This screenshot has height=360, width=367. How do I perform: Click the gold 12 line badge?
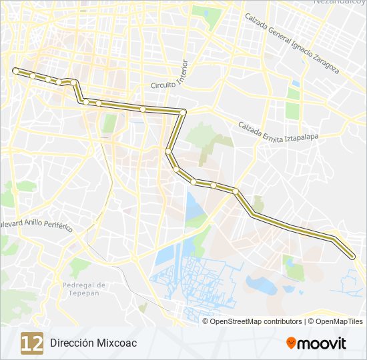click(32, 343)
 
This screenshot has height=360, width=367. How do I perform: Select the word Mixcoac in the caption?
click(117, 343)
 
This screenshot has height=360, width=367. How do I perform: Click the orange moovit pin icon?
click(291, 343)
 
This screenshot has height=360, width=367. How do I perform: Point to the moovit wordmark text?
click(322, 343)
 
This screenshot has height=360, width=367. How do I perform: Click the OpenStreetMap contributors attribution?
click(256, 321)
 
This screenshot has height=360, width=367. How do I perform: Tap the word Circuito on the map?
click(162, 85)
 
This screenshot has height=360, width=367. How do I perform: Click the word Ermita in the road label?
click(273, 131)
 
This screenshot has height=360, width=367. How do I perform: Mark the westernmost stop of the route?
click(15, 70)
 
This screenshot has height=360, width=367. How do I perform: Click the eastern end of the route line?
click(353, 255)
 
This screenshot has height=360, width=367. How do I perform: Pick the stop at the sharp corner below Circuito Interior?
click(182, 111)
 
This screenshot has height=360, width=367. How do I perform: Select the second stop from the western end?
click(33, 76)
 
